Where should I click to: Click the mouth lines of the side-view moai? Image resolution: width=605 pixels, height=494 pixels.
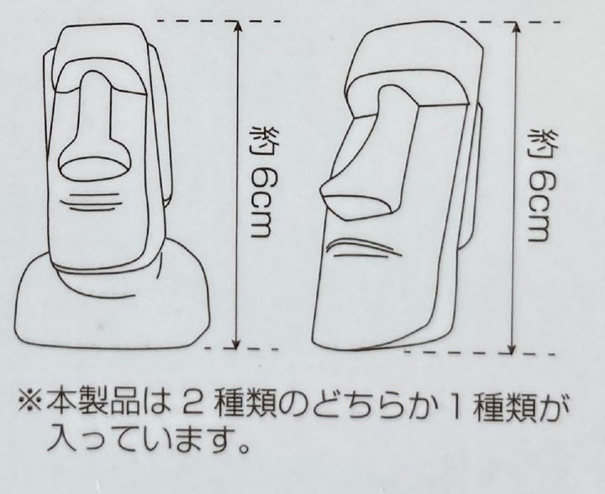click(x=361, y=249)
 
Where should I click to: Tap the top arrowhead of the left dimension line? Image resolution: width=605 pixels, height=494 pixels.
click(x=237, y=27)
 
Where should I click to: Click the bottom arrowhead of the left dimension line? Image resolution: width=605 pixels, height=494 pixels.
click(x=237, y=343)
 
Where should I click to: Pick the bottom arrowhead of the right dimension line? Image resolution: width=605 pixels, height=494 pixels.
click(x=512, y=347)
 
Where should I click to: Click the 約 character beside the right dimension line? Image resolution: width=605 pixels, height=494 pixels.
click(x=539, y=142)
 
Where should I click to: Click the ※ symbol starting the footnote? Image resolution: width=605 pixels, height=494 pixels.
click(x=29, y=404)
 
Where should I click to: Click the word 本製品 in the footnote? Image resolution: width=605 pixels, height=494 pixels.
click(x=93, y=405)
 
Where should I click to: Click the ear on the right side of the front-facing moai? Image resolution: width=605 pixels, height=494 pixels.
click(x=160, y=128)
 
